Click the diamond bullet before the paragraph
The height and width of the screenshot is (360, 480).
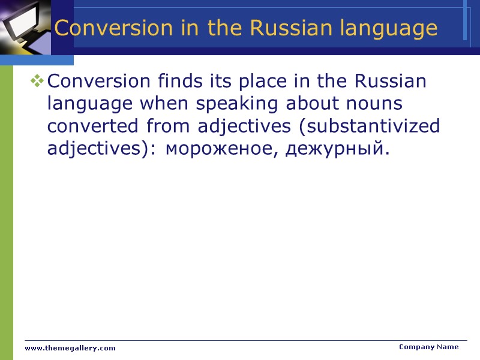(37, 80)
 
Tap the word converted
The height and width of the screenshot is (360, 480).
(93, 126)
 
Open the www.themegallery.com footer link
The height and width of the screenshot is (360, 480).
(70, 348)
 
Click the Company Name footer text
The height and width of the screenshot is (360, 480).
(428, 347)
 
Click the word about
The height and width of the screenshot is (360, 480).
(313, 103)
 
